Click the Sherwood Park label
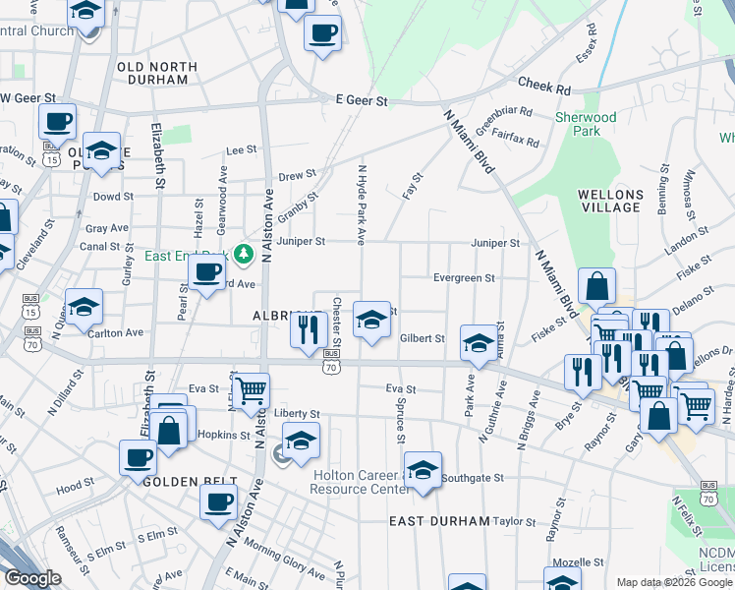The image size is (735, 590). click(x=586, y=124)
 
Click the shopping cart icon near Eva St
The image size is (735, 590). click(x=252, y=389)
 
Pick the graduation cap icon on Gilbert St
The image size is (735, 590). click(x=479, y=342)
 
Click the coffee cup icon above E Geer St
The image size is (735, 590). click(x=321, y=32)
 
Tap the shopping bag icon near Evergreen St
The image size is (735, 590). click(x=596, y=286)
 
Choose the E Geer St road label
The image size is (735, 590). click(x=362, y=100)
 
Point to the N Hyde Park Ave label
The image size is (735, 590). click(x=362, y=205)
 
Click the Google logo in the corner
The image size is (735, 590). click(x=32, y=578)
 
